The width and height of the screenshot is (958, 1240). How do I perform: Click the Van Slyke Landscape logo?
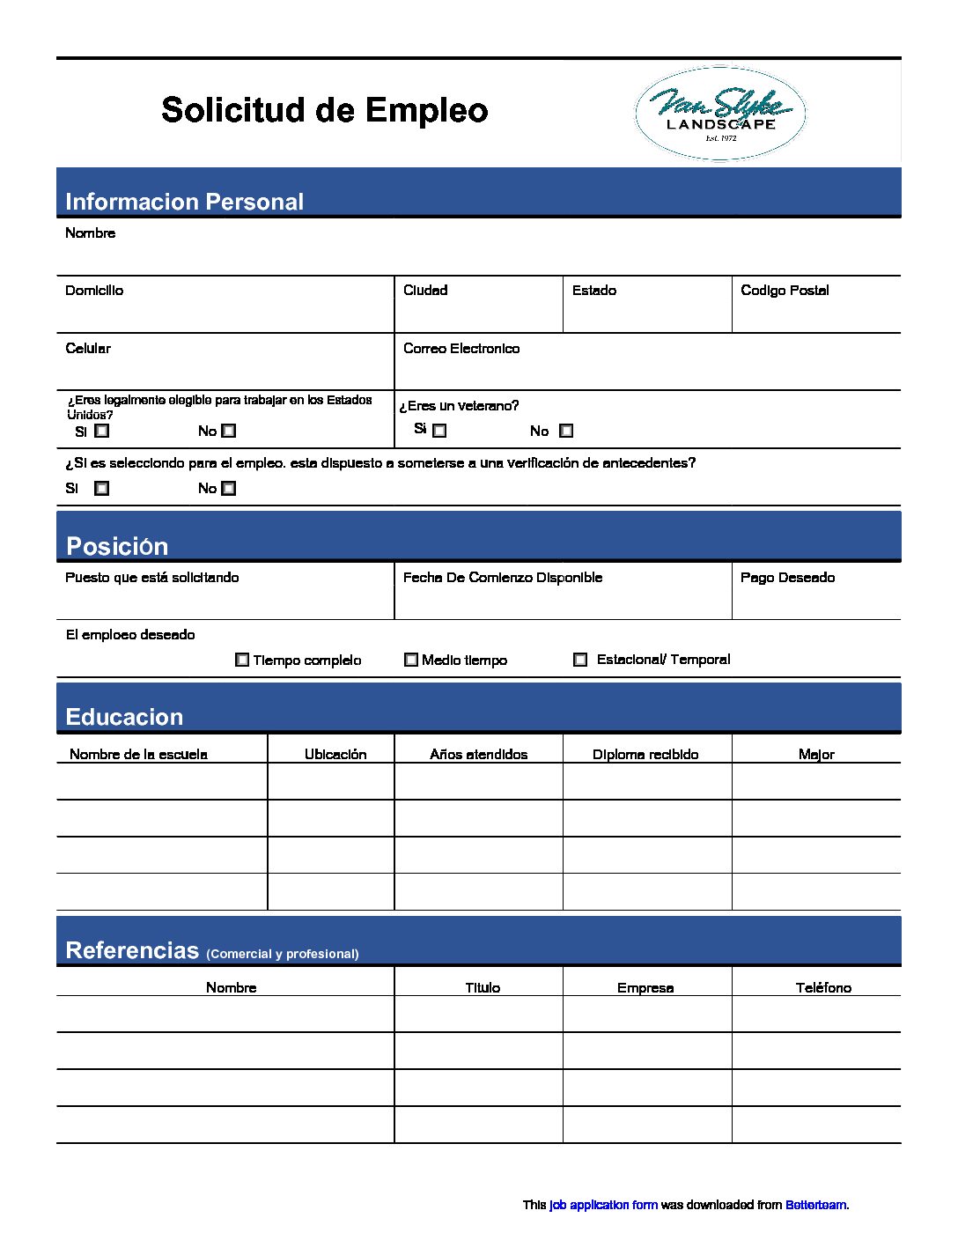pos(719,114)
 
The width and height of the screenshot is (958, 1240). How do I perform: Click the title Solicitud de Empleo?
pos(324,111)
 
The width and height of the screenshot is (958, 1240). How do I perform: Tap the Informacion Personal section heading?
pos(184,202)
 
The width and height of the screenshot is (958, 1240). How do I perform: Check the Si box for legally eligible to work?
pos(102,432)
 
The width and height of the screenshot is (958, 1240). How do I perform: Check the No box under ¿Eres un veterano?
pos(566,431)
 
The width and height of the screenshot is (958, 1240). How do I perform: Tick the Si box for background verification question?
pos(102,488)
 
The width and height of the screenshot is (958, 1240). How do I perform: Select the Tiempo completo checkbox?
pos(242,660)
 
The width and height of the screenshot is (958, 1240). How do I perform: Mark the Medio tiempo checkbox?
pos(411,660)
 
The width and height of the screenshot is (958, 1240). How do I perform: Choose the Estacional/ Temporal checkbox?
pos(580,660)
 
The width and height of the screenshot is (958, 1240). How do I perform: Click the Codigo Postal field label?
pos(785,291)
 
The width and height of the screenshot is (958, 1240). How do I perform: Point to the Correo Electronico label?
pos(461,349)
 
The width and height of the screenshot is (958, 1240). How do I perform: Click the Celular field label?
pos(88,349)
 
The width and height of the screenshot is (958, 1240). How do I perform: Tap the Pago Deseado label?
pos(787,578)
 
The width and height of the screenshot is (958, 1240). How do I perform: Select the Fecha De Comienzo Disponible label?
pos(503,578)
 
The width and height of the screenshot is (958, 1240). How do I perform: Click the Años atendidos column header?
pos(478,755)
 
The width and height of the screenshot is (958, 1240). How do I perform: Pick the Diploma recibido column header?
pos(645,755)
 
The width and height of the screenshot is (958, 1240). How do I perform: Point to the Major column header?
pos(816,755)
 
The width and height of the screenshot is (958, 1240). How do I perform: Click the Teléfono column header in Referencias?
pos(823,988)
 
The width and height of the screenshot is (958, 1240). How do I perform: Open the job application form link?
pos(603,1205)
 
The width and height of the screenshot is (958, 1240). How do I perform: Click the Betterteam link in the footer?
pos(815,1205)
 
